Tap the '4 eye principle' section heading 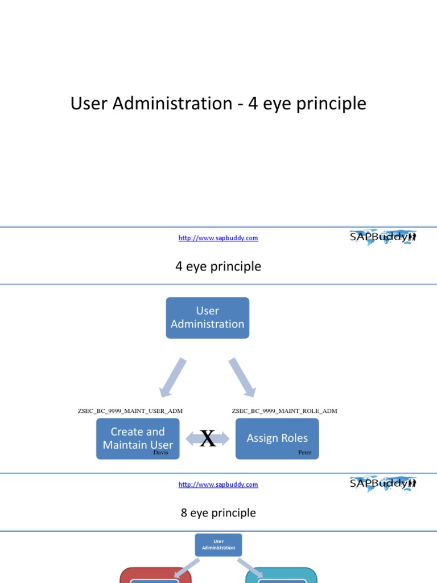coord(218,266)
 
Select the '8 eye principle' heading coord(218,513)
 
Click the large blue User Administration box coord(207,318)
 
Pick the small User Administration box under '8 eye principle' coord(218,545)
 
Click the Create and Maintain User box coord(138,438)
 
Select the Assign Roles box coord(277,438)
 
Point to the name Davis coord(161,453)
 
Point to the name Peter coord(304,453)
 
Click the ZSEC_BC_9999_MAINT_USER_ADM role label coord(130,410)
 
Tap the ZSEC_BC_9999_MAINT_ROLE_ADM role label coord(285,410)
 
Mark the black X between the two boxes coord(208,439)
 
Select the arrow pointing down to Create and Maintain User coord(172,377)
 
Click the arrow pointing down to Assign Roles coord(243,377)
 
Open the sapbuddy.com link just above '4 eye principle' coord(218,238)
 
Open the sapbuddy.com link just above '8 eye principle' coord(218,485)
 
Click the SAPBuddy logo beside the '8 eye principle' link coord(382,483)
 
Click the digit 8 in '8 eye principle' coord(184,513)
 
